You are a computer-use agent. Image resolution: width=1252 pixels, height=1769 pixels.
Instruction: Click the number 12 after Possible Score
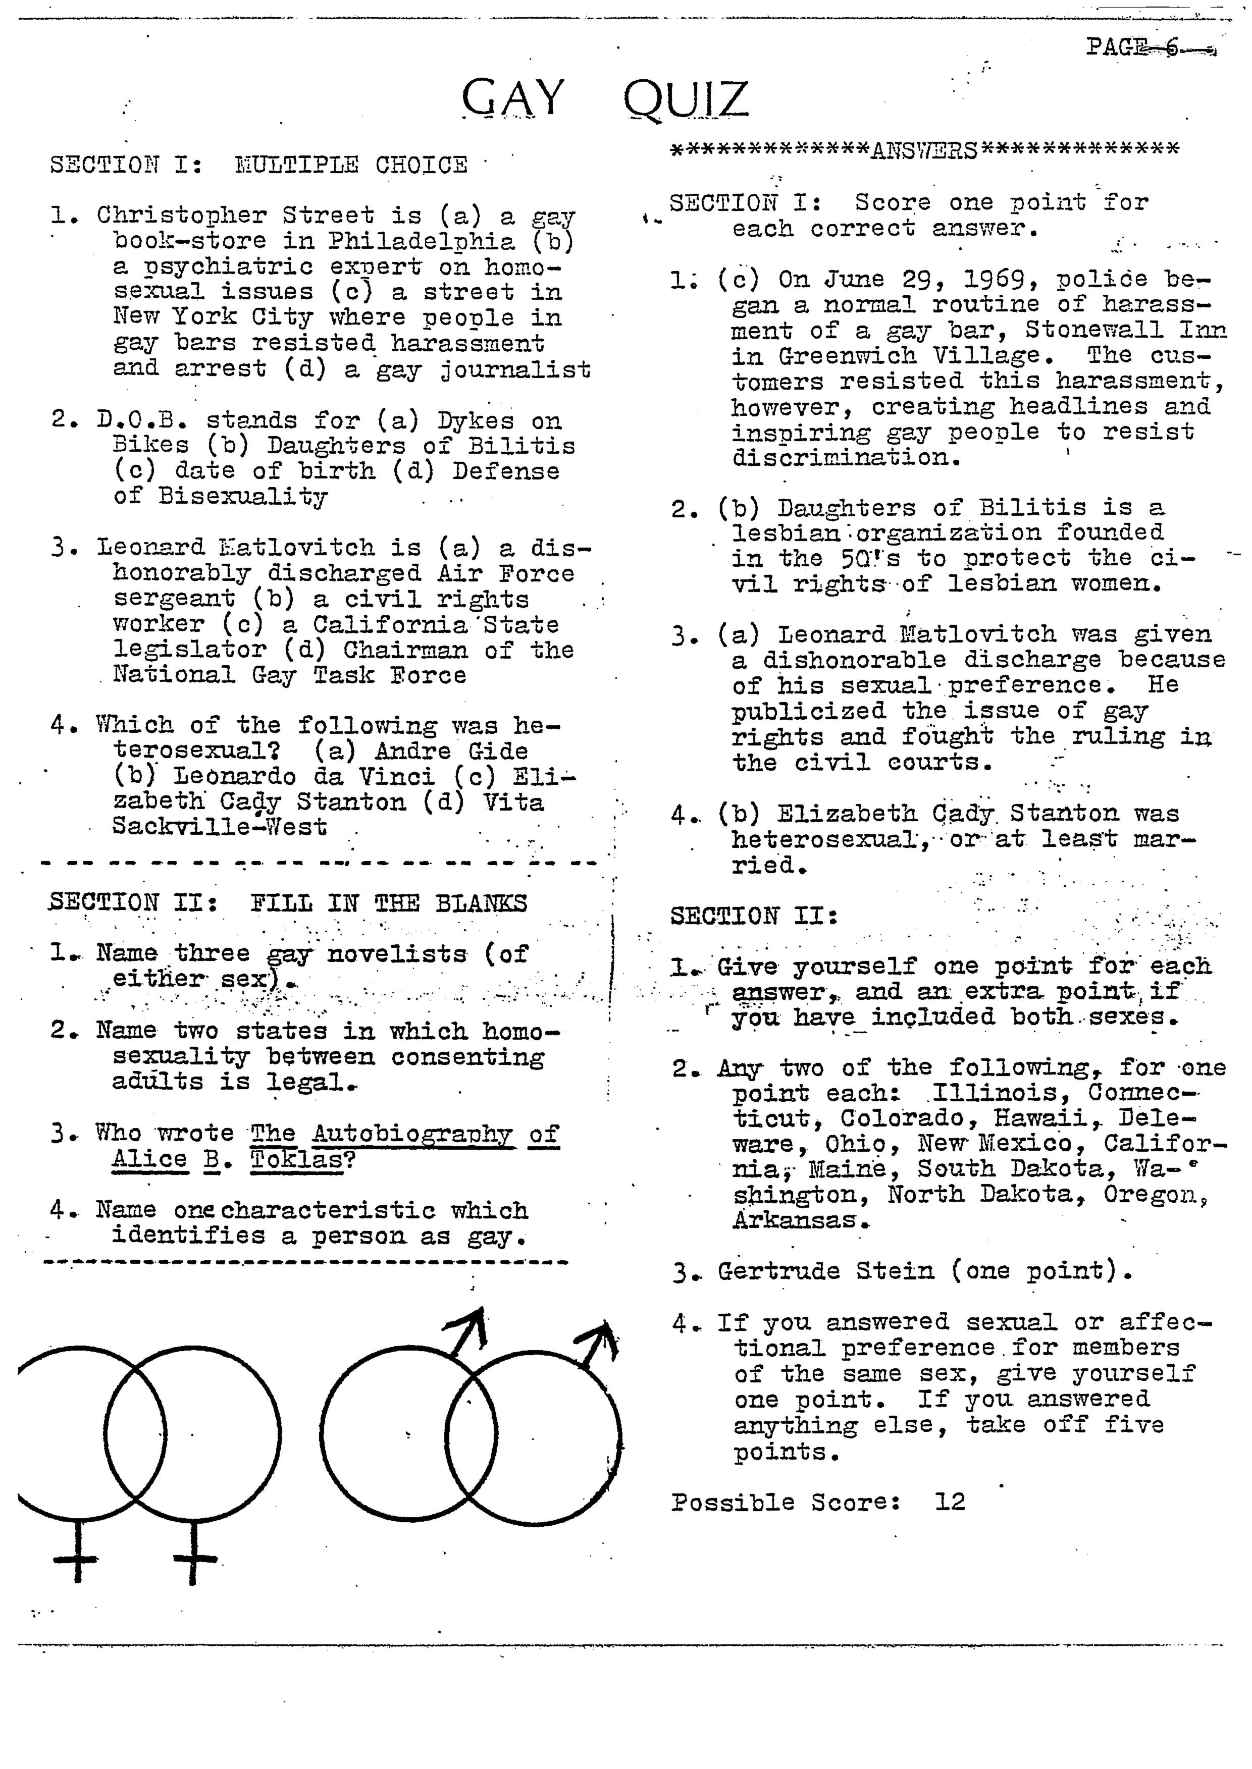(950, 1503)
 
